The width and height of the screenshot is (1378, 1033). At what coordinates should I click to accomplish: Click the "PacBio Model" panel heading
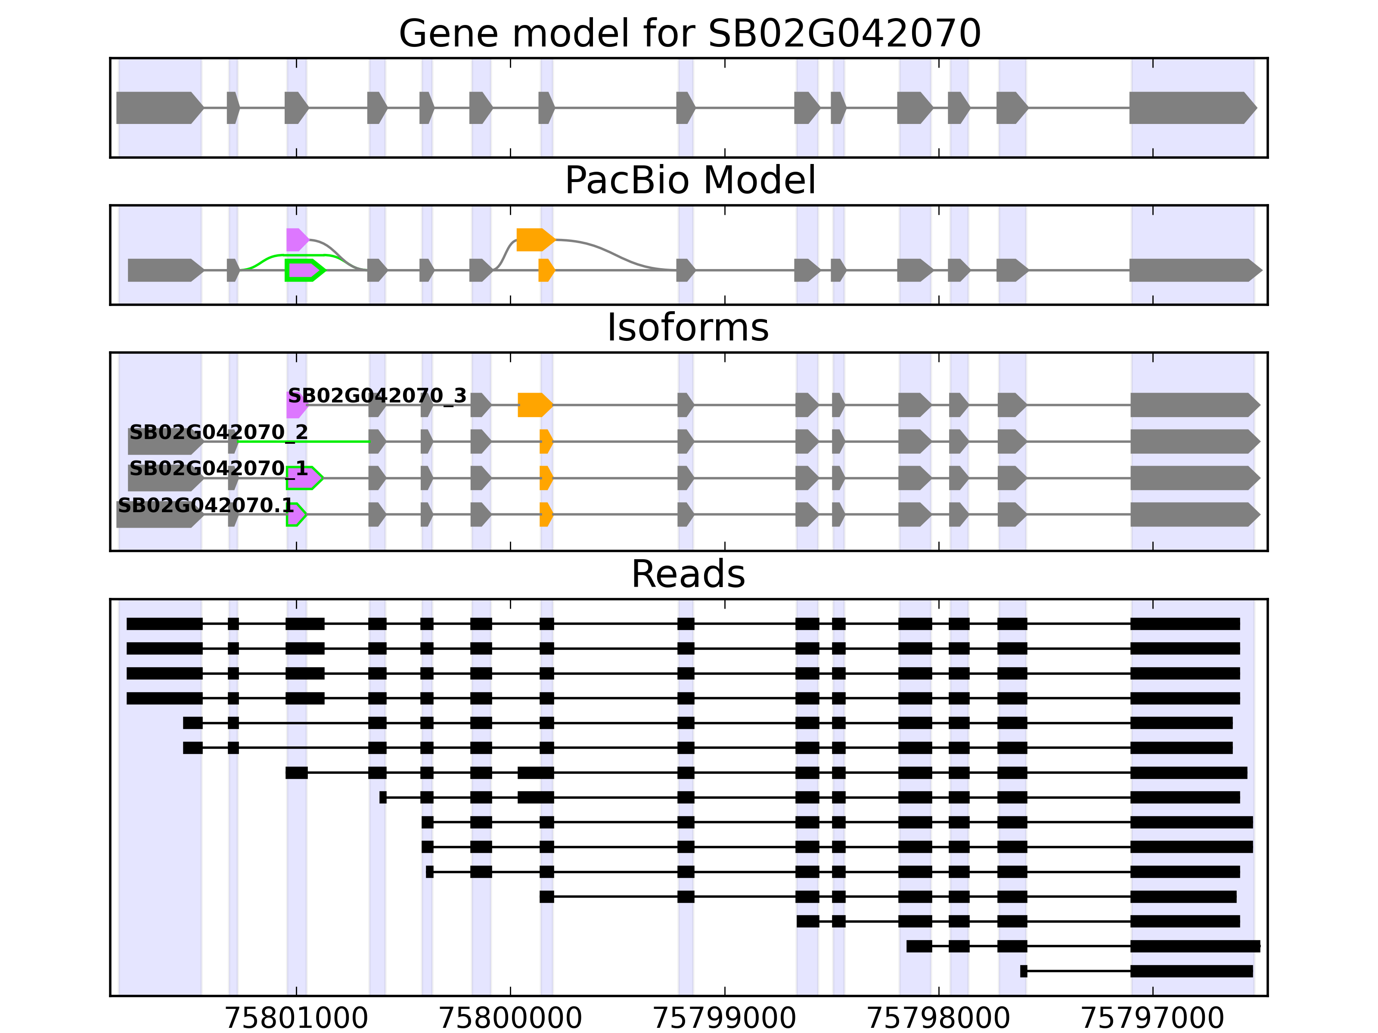pyautogui.click(x=689, y=181)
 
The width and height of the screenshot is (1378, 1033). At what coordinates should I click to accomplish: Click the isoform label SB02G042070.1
pyautogui.click(x=205, y=505)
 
